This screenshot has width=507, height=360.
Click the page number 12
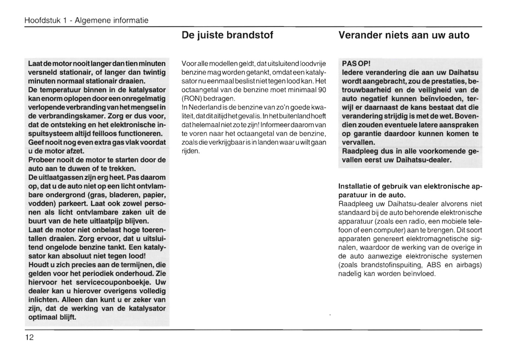(x=29, y=338)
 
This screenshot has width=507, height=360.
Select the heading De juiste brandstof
(x=227, y=35)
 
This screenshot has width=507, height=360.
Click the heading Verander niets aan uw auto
(x=404, y=35)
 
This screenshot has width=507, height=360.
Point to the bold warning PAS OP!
(x=356, y=64)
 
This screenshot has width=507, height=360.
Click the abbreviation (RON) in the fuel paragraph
(x=191, y=99)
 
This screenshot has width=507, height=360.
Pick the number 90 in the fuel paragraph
(x=321, y=90)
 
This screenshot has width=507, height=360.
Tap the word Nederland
(x=204, y=107)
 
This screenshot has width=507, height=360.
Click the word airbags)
(x=469, y=265)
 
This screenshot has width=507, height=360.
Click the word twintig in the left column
(x=154, y=73)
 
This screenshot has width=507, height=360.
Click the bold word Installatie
(x=354, y=186)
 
